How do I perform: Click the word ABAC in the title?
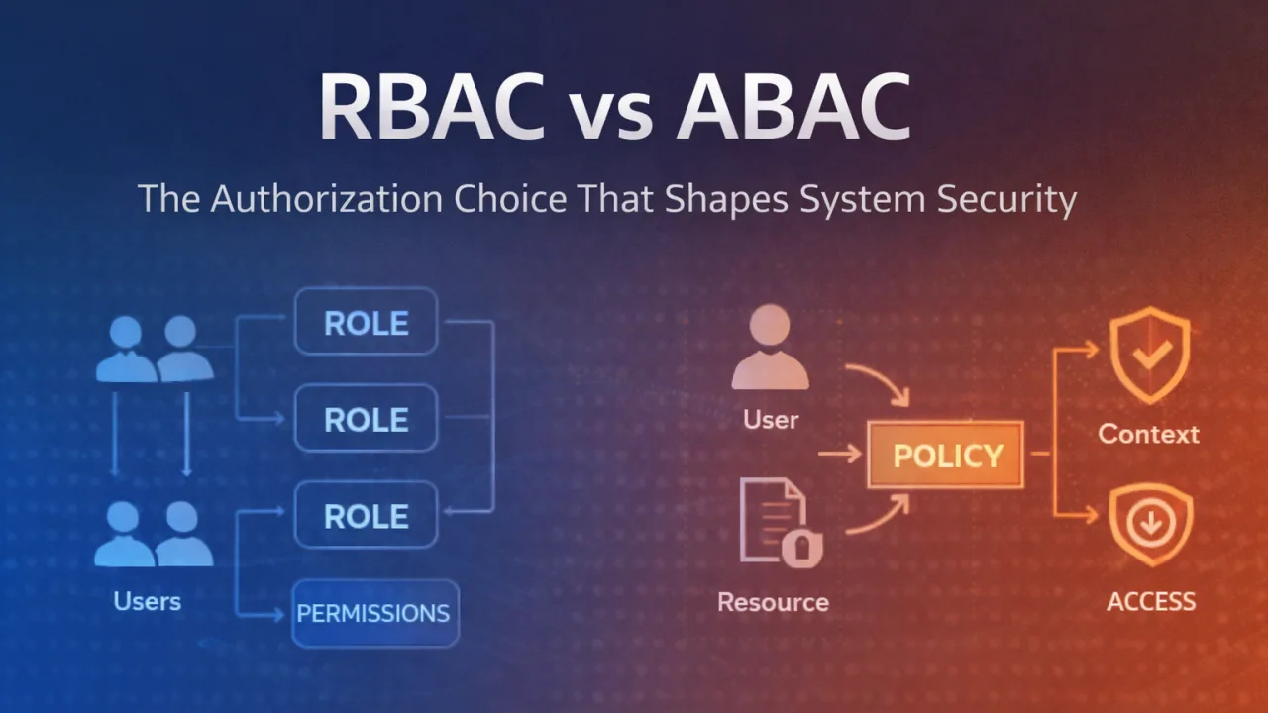pyautogui.click(x=792, y=107)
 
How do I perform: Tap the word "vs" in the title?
pyautogui.click(x=616, y=111)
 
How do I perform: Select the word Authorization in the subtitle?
pyautogui.click(x=324, y=198)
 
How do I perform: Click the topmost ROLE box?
pyautogui.click(x=366, y=322)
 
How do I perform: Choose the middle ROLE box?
pyautogui.click(x=366, y=419)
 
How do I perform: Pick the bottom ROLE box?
pyautogui.click(x=366, y=515)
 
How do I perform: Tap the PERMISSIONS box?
pyautogui.click(x=373, y=613)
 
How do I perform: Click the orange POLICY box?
pyautogui.click(x=947, y=456)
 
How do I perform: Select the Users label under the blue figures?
pyautogui.click(x=148, y=600)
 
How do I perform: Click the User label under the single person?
pyautogui.click(x=771, y=419)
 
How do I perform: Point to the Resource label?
pyautogui.click(x=773, y=601)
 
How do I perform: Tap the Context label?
pyautogui.click(x=1148, y=433)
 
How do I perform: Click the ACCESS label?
pyautogui.click(x=1151, y=600)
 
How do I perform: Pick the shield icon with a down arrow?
pyautogui.click(x=1150, y=525)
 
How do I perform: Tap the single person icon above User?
pyautogui.click(x=770, y=347)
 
